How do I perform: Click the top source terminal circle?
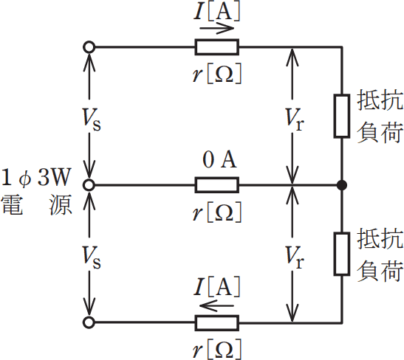coord(90,47)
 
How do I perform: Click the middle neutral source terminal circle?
coord(90,184)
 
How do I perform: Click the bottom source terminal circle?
coord(90,322)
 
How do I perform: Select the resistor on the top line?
coord(216,47)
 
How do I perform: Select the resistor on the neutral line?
coord(216,184)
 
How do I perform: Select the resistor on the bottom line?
coord(216,322)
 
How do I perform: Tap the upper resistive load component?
coord(341,116)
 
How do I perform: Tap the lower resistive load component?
coord(341,254)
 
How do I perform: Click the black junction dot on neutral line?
coord(341,184)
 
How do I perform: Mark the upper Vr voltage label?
coord(295,117)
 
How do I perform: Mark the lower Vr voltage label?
coord(295,255)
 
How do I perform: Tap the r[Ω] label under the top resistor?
coord(216,72)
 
